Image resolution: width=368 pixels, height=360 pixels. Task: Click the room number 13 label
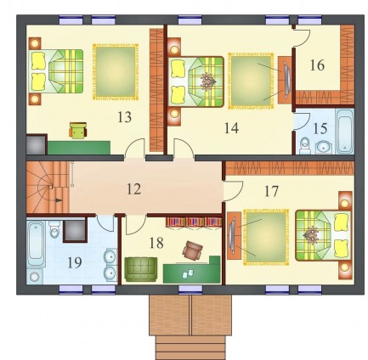pos(125,117)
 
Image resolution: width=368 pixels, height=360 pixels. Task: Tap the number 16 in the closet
pos(317,65)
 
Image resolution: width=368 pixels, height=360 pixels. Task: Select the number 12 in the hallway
pos(133,189)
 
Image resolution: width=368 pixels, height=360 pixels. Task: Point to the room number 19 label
pos(75,262)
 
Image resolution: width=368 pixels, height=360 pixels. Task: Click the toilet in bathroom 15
pos(305,145)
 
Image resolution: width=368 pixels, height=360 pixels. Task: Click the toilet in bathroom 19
pos(54,229)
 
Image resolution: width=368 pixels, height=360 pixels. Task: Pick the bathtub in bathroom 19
pos(36,244)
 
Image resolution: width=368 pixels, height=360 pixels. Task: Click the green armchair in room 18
pos(141,269)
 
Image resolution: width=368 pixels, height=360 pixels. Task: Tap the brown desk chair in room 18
pos(193,250)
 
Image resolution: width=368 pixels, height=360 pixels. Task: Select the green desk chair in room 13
pos(78,131)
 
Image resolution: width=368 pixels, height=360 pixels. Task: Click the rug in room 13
pos(116,72)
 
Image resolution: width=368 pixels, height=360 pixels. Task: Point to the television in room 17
pos(232,235)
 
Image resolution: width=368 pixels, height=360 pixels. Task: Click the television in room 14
pos(286,80)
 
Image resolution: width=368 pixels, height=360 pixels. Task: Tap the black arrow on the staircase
pos(58,200)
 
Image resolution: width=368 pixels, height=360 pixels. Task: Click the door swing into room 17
pos(233,190)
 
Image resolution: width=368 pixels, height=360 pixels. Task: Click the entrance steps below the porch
pos(190,347)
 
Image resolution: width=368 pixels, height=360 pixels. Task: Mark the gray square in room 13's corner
pos(36,145)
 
